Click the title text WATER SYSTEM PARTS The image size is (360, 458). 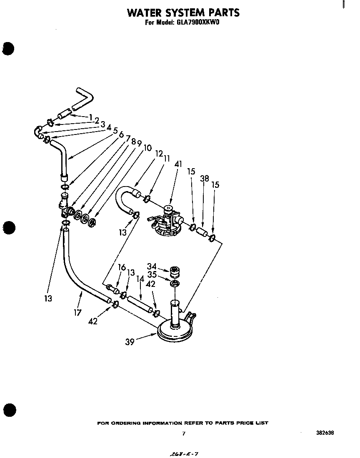tap(183, 12)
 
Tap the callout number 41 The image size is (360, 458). tap(178, 164)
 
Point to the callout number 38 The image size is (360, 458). tap(204, 179)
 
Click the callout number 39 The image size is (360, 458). tap(130, 342)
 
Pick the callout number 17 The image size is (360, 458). tap(78, 312)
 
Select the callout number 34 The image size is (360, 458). tap(152, 266)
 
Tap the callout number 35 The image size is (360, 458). tap(152, 275)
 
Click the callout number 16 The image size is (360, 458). tap(122, 267)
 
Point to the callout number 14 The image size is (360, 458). tap(140, 279)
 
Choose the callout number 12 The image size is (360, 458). tap(158, 154)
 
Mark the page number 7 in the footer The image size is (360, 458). tap(183, 434)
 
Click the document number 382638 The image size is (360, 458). tap(325, 433)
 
